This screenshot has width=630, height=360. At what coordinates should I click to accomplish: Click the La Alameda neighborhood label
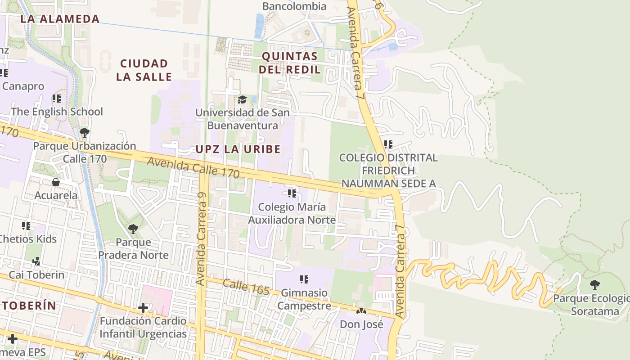60,19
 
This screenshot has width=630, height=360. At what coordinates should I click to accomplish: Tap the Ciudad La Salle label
144,70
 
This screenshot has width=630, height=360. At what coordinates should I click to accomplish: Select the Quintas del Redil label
290,63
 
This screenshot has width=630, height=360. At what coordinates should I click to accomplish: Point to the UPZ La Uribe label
238,149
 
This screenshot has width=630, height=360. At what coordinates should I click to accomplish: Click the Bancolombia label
294,6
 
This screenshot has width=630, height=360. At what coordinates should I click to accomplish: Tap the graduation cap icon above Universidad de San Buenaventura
243,99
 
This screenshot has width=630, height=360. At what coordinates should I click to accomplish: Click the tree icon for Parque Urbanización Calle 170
84,133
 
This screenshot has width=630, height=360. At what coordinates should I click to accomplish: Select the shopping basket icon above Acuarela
56,182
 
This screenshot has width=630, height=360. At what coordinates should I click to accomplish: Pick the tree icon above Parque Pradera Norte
133,229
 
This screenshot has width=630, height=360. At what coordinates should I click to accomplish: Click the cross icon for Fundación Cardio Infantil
143,308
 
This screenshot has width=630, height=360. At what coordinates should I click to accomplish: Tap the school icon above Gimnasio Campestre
304,279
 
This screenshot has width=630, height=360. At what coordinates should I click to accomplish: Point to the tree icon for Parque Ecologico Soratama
595,284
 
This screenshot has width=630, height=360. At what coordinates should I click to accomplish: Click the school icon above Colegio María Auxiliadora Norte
292,193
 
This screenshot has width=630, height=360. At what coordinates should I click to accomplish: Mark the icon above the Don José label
361,311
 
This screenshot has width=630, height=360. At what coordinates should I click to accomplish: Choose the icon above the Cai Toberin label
36,261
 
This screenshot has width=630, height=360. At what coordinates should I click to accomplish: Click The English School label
57,112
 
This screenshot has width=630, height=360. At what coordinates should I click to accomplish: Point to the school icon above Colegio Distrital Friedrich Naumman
388,144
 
